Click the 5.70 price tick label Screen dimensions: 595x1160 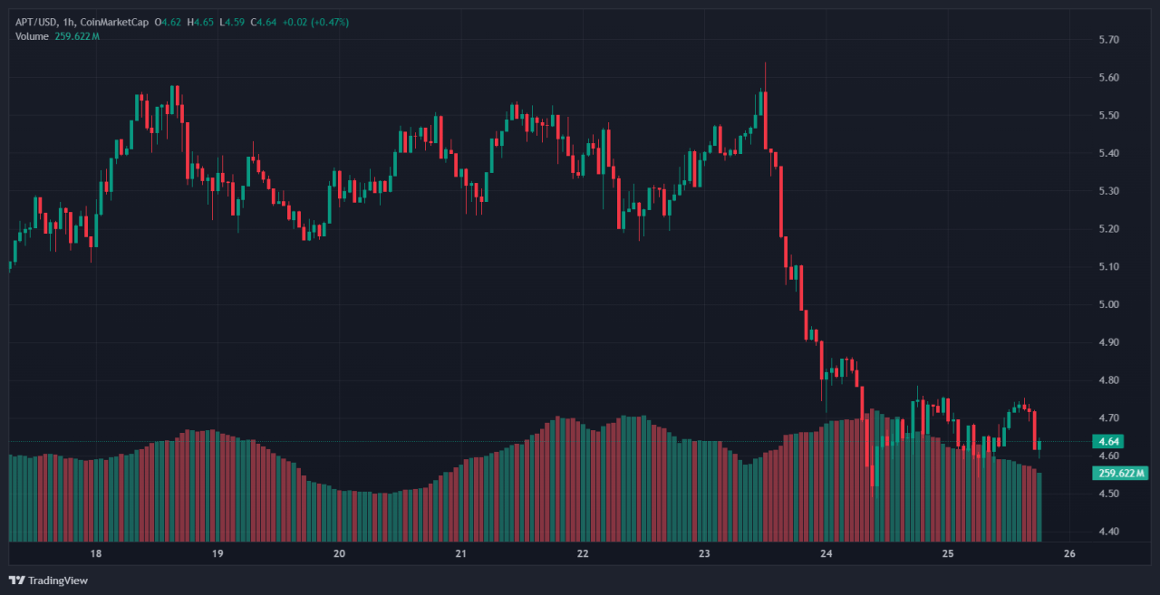1108,40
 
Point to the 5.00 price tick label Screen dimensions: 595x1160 1108,304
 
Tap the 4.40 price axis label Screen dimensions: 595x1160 1108,532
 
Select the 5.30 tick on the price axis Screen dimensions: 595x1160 1108,191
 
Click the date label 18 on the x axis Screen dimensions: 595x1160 95,553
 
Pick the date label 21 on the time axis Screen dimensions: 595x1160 460,553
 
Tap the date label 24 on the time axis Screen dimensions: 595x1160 826,553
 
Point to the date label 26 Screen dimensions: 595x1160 1069,553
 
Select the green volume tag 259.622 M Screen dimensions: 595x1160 1122,473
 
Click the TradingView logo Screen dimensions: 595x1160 49,580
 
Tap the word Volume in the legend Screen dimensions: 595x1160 33,36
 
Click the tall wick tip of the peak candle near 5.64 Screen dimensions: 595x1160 765,62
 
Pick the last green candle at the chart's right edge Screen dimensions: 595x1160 1039,445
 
